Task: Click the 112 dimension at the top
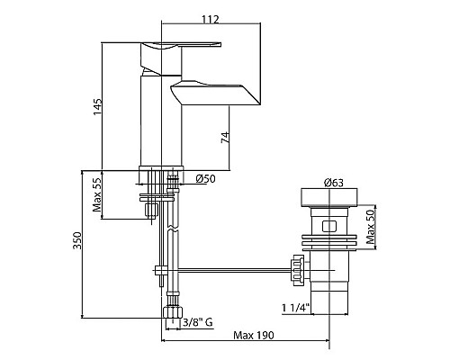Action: [211, 20]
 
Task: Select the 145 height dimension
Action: [98, 106]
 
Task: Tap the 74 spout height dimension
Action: [225, 137]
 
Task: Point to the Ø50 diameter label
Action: [206, 179]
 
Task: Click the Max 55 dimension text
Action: [97, 193]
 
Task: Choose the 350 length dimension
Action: [77, 240]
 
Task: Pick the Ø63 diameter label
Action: [334, 183]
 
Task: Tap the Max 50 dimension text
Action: [370, 227]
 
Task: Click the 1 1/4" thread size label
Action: [295, 308]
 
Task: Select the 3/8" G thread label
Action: [198, 322]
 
